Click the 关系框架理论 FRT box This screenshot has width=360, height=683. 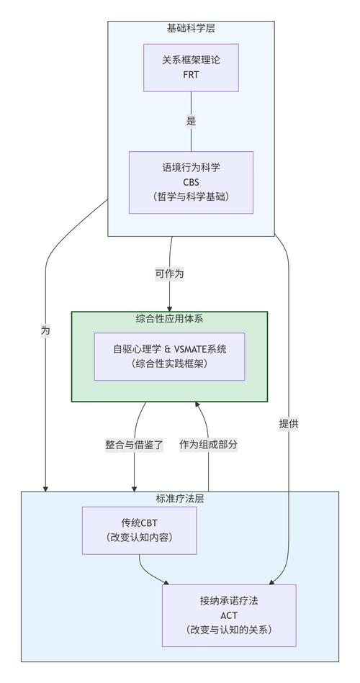click(191, 67)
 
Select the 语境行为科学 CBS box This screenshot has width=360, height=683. click(191, 182)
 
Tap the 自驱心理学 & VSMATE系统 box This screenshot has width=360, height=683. click(169, 356)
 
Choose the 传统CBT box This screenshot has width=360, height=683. click(139, 530)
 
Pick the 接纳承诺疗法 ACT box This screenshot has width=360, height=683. click(229, 615)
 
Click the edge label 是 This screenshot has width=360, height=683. click(191, 121)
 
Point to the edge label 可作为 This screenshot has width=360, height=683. click(169, 273)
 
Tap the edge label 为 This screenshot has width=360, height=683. click(45, 330)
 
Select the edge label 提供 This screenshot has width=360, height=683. click(289, 424)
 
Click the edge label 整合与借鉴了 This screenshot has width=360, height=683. click(135, 445)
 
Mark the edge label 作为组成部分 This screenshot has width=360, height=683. click(209, 445)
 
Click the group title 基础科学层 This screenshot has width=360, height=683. click(191, 28)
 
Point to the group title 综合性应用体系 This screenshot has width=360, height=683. click(169, 318)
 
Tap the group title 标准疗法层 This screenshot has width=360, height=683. click(179, 498)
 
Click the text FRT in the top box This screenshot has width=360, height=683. click(191, 74)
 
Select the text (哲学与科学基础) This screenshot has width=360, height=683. click(191, 196)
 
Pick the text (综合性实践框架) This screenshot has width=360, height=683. click(169, 363)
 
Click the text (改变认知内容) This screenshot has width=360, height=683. click(139, 538)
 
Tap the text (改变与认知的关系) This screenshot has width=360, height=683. click(229, 630)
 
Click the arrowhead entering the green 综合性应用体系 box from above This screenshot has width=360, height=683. click(169, 308)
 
